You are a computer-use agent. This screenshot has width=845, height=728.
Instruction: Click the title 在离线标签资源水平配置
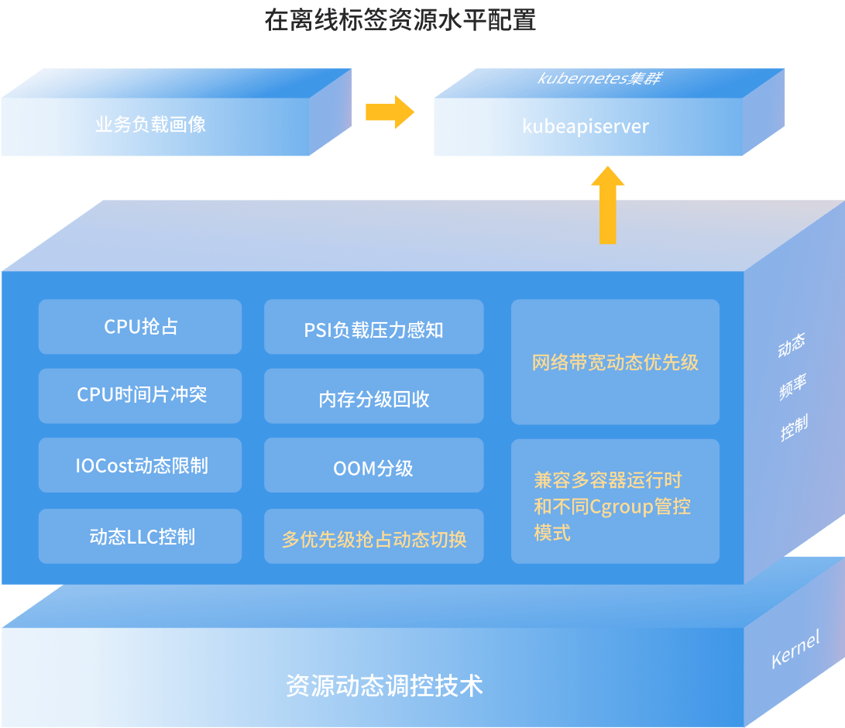(400, 20)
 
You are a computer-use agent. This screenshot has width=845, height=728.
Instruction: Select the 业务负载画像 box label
(150, 124)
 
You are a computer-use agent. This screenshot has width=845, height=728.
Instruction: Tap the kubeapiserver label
(586, 126)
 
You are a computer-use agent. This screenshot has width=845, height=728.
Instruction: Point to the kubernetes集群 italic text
(599, 78)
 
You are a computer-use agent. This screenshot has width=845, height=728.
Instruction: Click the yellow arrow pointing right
(390, 112)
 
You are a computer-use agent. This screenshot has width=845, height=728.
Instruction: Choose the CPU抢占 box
(140, 327)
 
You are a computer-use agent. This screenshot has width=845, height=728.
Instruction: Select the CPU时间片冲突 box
(140, 395)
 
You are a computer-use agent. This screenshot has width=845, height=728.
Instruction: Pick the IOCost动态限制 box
(140, 465)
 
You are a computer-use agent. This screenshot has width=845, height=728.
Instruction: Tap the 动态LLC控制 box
(140, 536)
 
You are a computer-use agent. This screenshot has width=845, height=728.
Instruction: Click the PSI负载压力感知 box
(373, 330)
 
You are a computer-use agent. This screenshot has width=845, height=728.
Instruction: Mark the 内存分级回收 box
(373, 399)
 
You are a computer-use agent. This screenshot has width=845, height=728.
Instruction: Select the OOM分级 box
(373, 468)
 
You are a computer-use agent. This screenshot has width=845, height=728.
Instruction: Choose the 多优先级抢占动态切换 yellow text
(373, 539)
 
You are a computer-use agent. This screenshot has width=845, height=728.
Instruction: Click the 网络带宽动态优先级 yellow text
(615, 362)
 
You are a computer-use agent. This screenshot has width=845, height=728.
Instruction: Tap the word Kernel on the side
(795, 649)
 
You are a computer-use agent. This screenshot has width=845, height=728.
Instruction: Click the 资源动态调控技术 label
(384, 685)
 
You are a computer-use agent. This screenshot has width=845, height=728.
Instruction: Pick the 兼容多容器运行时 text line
(607, 480)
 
